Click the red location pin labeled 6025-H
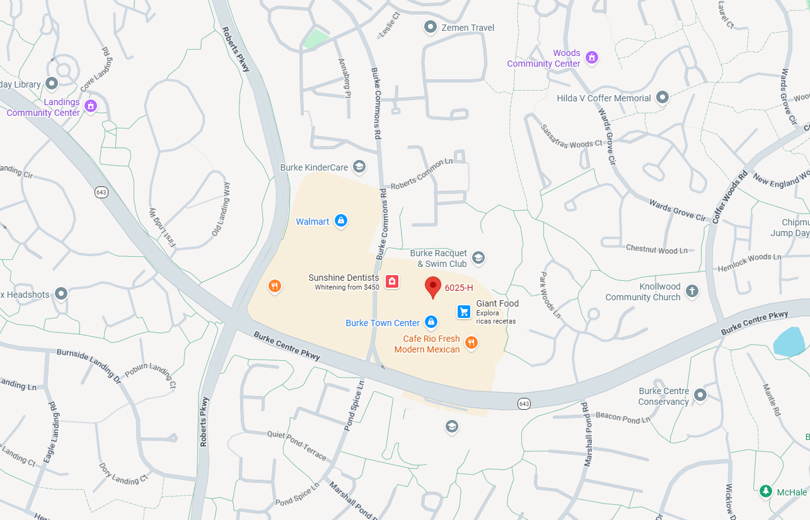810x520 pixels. point(432,286)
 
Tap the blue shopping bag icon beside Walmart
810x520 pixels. point(340,220)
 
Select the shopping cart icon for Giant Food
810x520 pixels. point(464,311)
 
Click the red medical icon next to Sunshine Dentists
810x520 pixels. point(392,281)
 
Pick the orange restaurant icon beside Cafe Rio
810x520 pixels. point(471,343)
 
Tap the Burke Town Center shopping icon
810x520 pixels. point(431,322)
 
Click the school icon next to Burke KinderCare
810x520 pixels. point(359,167)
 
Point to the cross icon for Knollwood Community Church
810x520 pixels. point(692,291)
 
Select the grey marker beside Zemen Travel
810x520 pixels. point(431,27)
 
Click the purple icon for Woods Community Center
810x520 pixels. point(591,58)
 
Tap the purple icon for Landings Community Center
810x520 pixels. point(90,106)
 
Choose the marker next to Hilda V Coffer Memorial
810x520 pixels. point(662,98)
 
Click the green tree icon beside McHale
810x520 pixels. point(766,491)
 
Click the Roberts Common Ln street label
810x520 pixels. point(421,174)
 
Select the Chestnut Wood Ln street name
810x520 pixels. point(656,250)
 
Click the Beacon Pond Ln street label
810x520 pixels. point(622,417)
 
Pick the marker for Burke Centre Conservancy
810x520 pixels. point(700,395)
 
